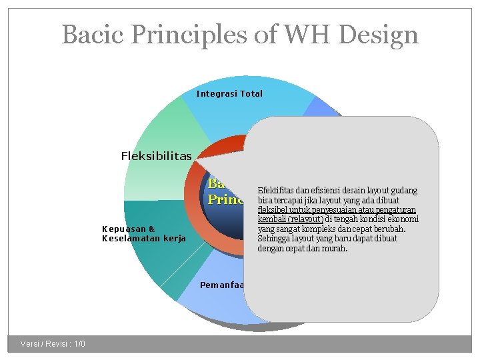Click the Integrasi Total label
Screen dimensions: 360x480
coord(229,93)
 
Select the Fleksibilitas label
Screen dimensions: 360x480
coord(156,156)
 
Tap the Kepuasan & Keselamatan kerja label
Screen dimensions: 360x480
coord(144,233)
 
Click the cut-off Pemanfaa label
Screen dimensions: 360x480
coord(222,285)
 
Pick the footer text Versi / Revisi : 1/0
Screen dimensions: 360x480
coord(53,343)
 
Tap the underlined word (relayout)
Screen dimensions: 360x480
coord(306,219)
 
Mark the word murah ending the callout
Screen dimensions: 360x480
coord(335,249)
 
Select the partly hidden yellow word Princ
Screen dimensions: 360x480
coord(225,199)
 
